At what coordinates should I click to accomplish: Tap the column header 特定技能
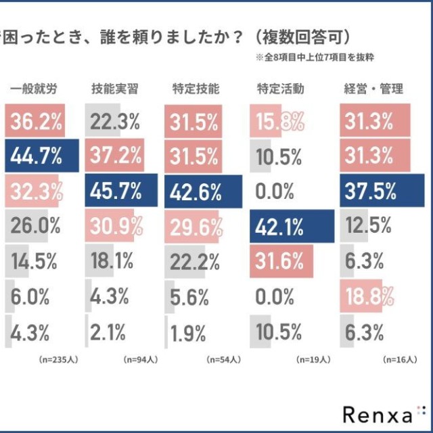197,88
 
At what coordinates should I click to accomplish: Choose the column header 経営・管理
374,88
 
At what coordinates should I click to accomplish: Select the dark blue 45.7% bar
120,191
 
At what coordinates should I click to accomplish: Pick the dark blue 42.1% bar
292,227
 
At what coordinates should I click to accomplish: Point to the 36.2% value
37,122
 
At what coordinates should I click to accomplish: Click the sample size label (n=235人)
59,360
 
